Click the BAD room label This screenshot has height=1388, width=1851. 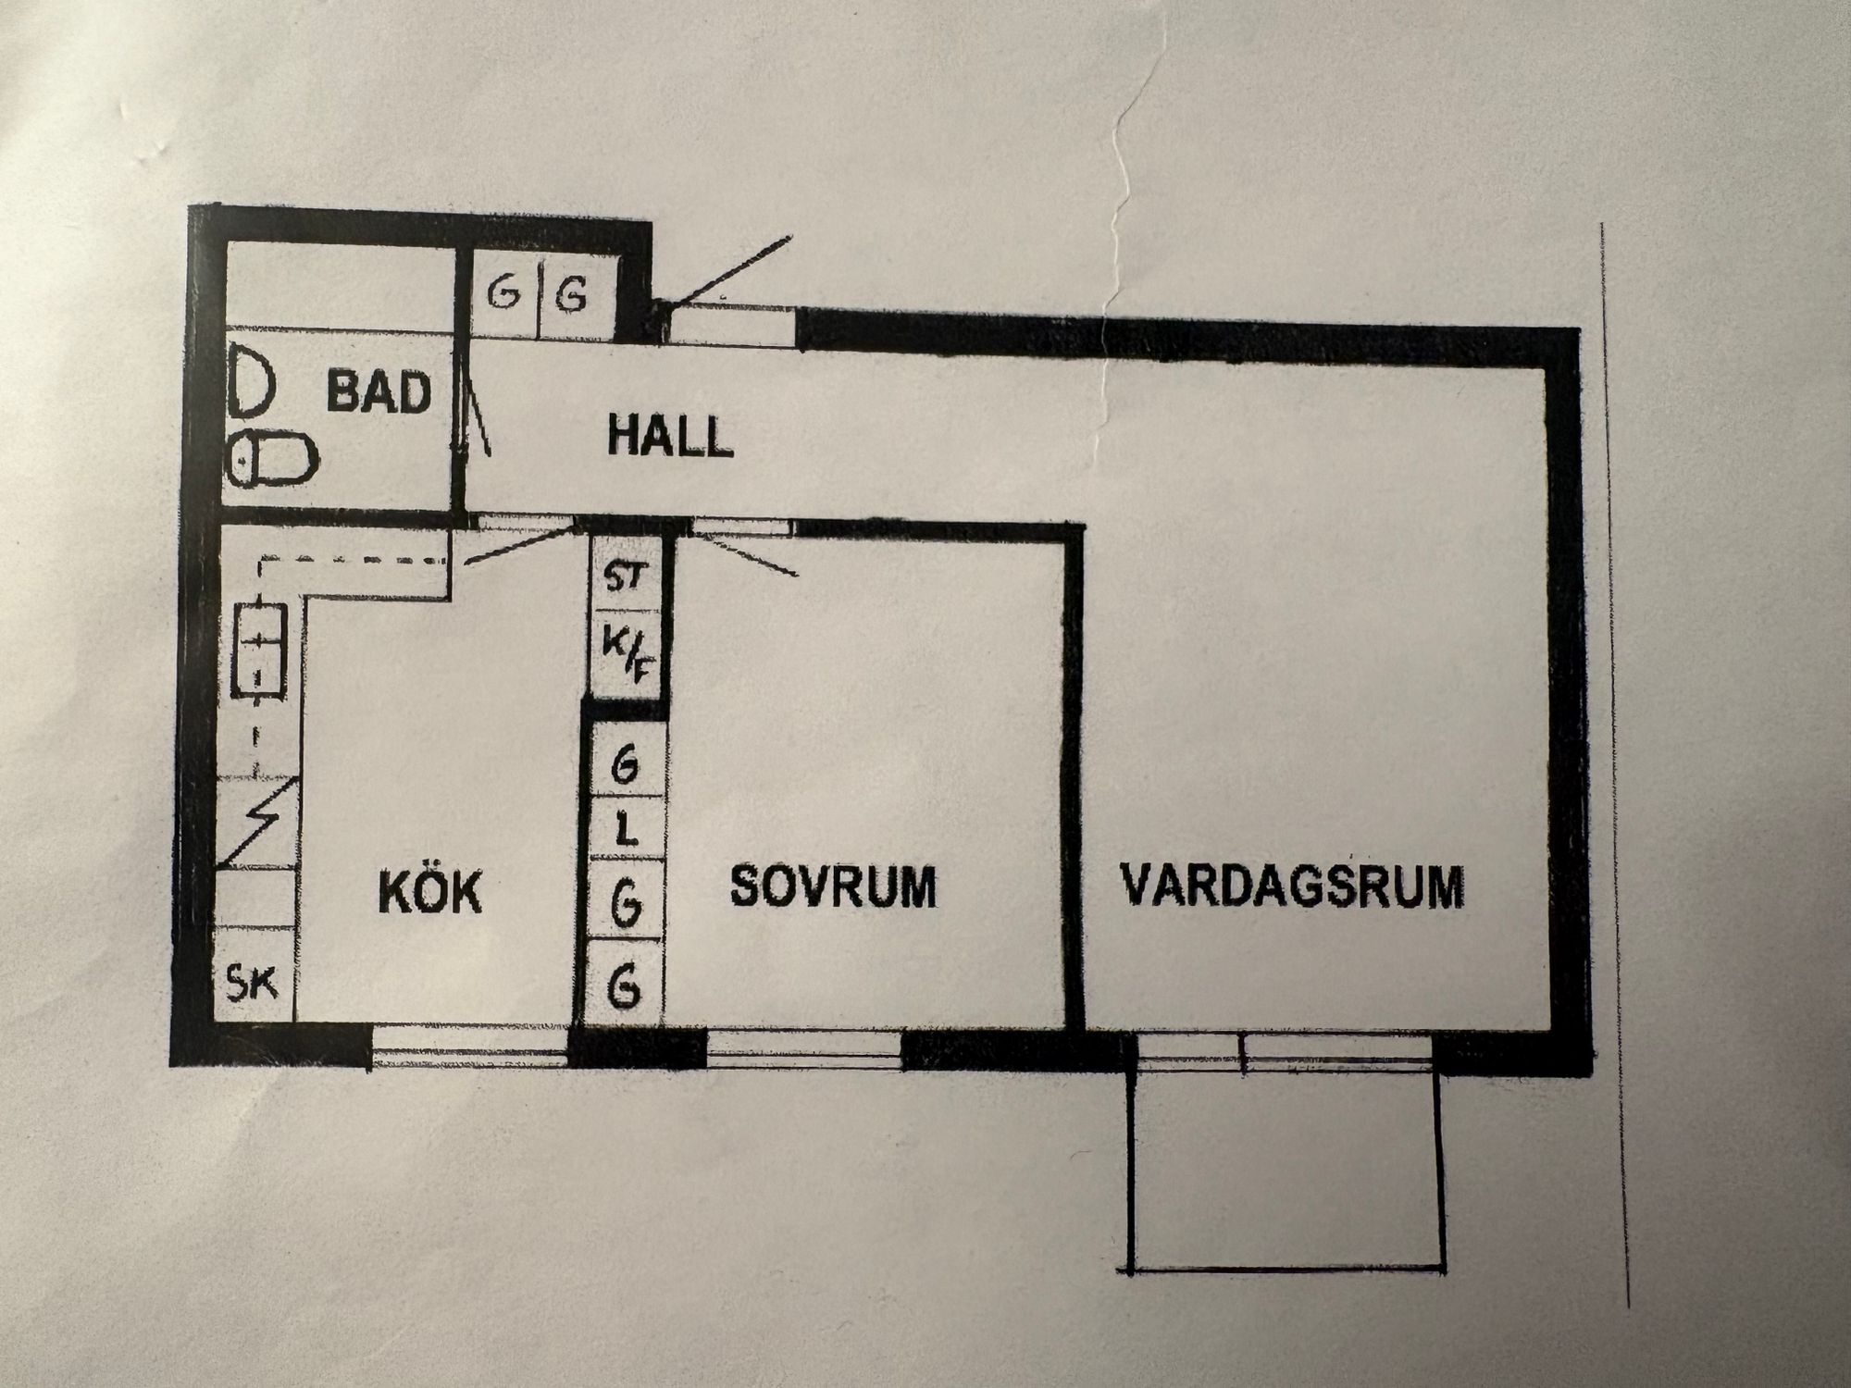[379, 392]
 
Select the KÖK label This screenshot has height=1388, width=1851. [430, 892]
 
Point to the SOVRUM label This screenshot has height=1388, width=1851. [833, 886]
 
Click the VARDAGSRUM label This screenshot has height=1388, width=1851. [1292, 886]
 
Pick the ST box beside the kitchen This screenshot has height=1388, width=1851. [626, 578]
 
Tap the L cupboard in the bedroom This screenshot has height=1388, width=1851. [627, 833]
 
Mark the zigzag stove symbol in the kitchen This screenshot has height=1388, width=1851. [258, 824]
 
